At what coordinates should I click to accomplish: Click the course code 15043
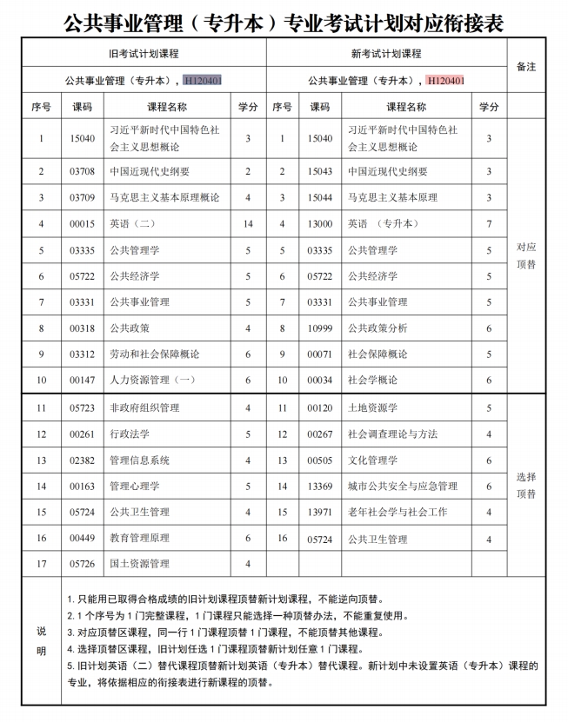[320, 172]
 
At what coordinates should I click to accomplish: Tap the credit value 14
[248, 224]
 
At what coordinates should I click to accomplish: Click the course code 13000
[320, 224]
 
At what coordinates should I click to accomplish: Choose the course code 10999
[320, 328]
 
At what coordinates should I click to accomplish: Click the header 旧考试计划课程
[144, 54]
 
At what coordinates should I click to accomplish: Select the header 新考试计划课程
[386, 54]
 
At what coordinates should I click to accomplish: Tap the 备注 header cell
[526, 66]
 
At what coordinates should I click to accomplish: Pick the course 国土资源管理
[139, 564]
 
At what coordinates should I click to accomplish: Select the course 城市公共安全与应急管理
[403, 486]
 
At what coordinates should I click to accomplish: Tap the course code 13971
[320, 512]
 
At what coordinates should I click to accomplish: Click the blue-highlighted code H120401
[202, 81]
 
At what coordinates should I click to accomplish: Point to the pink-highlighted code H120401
[445, 81]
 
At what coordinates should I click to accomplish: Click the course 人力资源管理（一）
[151, 380]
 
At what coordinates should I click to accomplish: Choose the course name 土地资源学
[372, 407]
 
